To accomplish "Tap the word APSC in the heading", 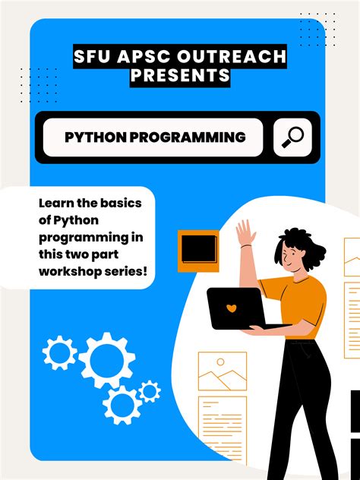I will (139, 58).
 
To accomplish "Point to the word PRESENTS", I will (180, 76).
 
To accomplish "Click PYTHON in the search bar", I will (95, 137).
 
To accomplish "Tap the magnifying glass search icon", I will (292, 137).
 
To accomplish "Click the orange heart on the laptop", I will (232, 309).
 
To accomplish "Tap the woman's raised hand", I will (245, 232).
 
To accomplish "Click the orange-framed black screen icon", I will (198, 251).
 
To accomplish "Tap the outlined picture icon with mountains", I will (222, 372).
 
